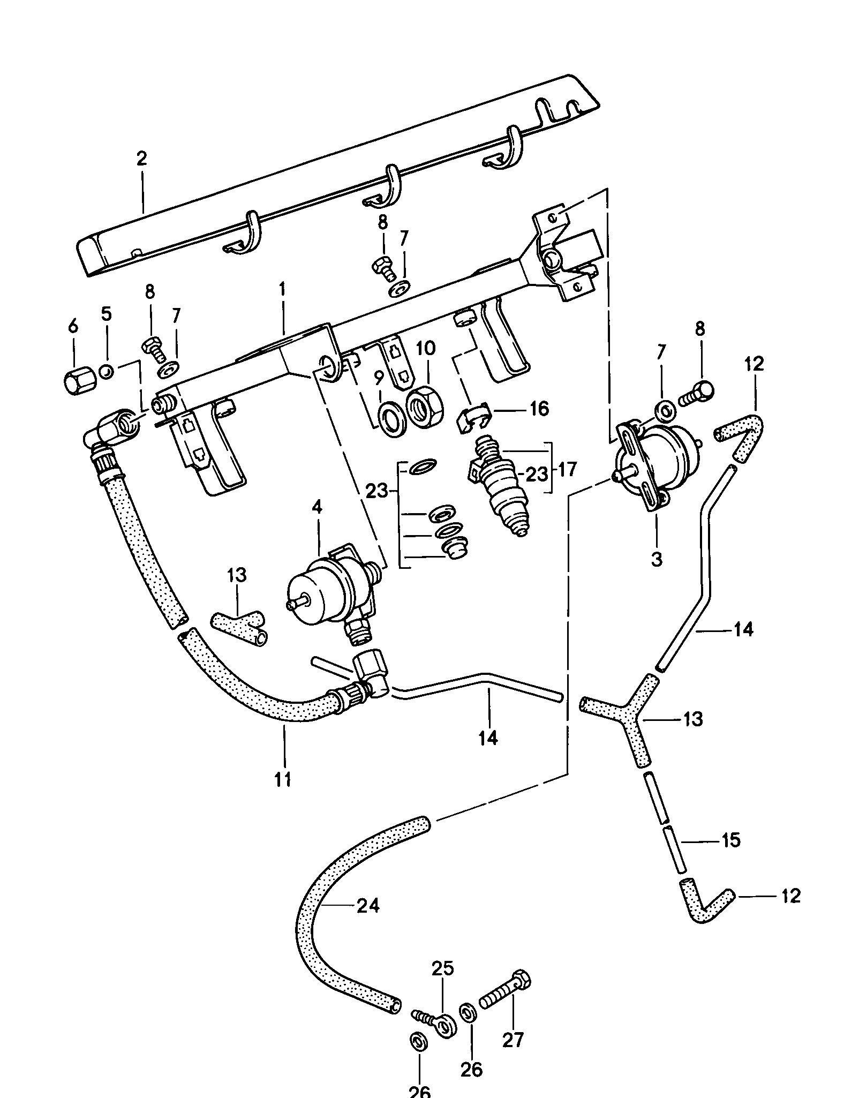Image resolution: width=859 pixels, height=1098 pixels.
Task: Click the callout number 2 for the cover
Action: pos(141,160)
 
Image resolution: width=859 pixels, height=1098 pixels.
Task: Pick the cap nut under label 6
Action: pos(78,381)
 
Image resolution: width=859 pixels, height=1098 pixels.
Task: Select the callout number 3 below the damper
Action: pos(657,559)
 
